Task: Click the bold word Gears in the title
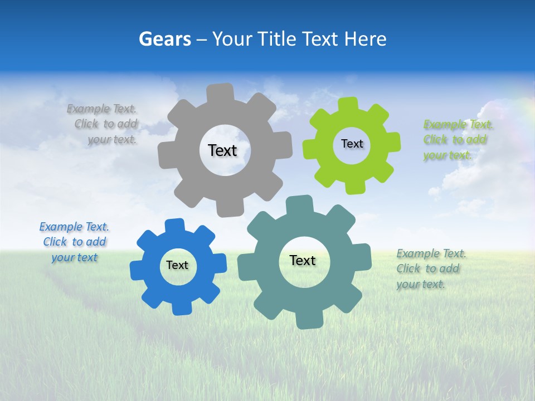(164, 39)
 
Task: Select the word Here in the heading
(365, 39)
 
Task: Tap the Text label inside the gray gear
(222, 150)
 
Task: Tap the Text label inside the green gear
(352, 144)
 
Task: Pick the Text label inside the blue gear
(177, 265)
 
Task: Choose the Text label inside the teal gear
(303, 260)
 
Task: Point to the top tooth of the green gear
(348, 105)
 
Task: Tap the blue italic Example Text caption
(74, 242)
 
